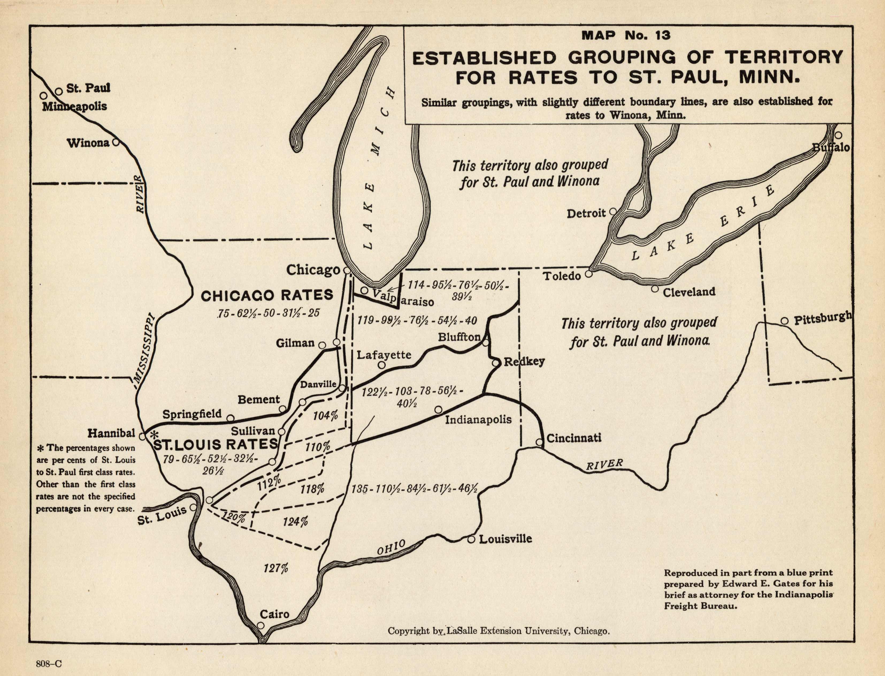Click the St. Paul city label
88,88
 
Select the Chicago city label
313,270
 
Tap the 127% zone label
276,568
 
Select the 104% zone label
325,415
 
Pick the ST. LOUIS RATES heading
216,444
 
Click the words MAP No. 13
626,35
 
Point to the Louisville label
505,539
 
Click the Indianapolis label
478,420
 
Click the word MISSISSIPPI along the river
144,347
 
